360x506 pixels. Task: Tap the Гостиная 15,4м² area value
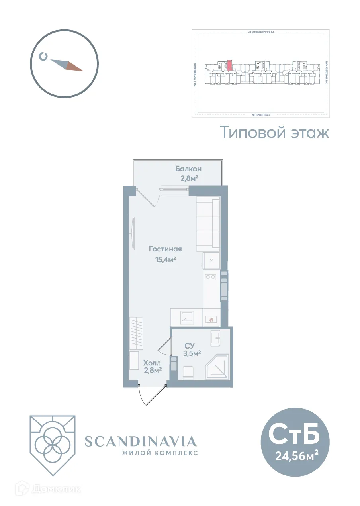coord(165,260)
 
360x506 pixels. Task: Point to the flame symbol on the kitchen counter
coord(211,319)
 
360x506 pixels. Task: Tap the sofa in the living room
coord(208,224)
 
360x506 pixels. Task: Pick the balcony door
coord(148,198)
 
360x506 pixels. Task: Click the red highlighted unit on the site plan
coord(229,65)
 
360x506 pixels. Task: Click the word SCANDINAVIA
coord(141,441)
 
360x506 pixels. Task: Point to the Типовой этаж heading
coord(275,132)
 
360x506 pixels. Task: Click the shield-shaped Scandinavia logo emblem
coord(52,445)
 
